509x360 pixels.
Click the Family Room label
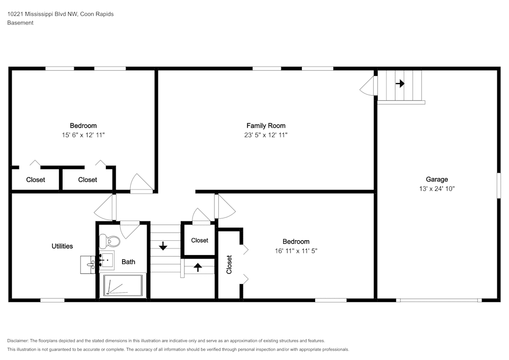coord(266,126)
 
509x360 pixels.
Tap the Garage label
coord(437,179)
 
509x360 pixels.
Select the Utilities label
coord(62,246)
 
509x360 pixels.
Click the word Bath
coord(128,262)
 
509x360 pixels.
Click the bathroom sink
coord(106,260)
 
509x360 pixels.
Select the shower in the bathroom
coord(123,285)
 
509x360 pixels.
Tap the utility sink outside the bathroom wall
coord(88,265)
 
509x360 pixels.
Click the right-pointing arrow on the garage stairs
coord(400,84)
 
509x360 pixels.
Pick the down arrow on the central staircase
coord(163,246)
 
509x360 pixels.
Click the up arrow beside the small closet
coord(197,267)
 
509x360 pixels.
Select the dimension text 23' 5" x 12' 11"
coord(266,135)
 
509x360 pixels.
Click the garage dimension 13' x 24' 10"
coord(437,188)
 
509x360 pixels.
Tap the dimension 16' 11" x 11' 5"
coord(296,251)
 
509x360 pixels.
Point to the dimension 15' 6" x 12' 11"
coord(83,135)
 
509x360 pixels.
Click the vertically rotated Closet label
coord(229,265)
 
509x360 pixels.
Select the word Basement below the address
coord(20,23)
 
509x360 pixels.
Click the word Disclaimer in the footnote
coord(18,341)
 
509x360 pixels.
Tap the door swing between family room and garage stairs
coord(369,86)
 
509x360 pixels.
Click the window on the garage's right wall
coord(499,185)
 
